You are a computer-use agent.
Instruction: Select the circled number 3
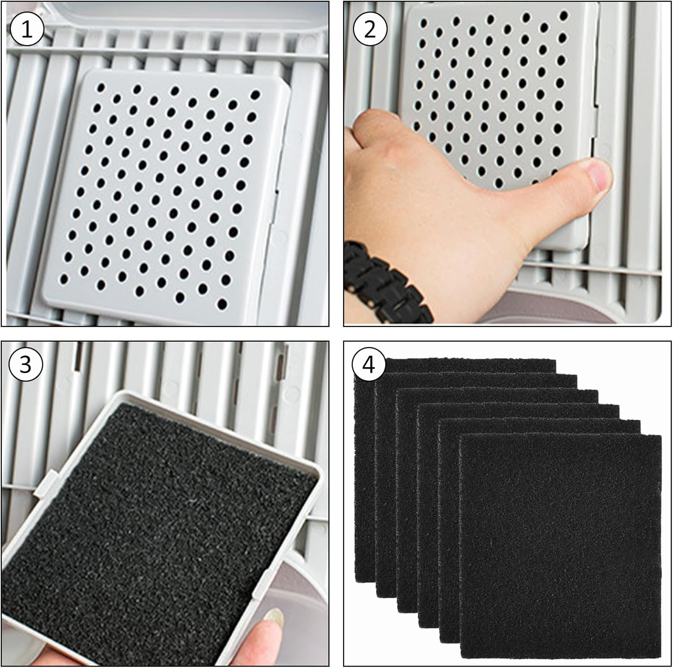click(26, 364)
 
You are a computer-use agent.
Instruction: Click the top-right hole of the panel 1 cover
click(255, 95)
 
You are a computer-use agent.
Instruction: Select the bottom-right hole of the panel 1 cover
click(222, 304)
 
